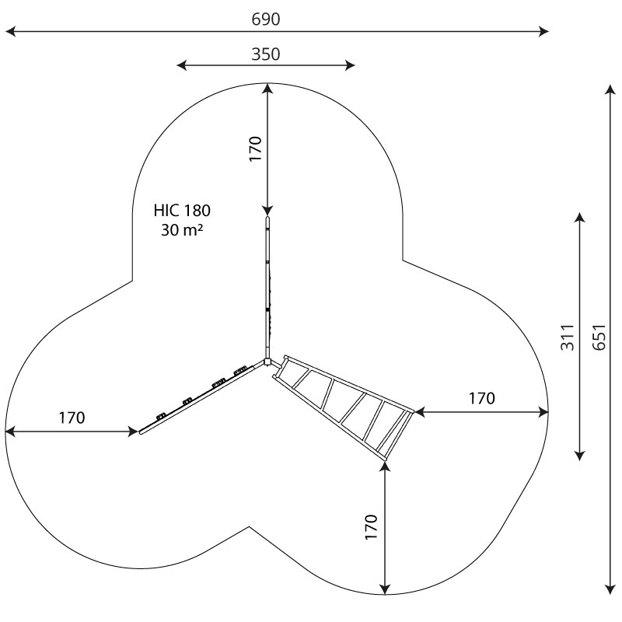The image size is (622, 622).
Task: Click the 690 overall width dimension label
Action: (265, 19)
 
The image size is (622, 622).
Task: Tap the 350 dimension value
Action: (265, 54)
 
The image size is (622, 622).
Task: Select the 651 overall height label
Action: (599, 337)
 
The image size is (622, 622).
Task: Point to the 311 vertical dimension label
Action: (568, 337)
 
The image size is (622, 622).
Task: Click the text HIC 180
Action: (182, 211)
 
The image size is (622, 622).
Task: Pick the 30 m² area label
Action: (182, 229)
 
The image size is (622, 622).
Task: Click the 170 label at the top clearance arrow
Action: (256, 149)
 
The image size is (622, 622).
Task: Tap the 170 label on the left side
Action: (72, 418)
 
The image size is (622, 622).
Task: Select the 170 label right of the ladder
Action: (482, 398)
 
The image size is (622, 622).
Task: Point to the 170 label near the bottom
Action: (372, 527)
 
